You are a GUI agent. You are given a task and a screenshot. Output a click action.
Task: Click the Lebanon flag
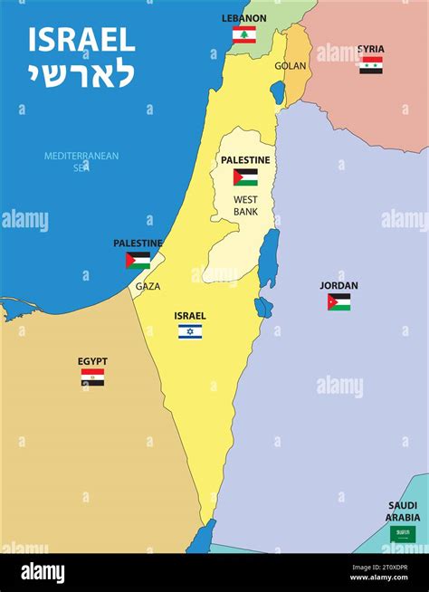(x=244, y=35)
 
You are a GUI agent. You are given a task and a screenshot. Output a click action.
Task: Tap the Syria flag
(x=371, y=65)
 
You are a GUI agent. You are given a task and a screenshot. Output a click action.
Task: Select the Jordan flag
(x=339, y=301)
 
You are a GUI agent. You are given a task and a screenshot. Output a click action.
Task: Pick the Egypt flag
(x=92, y=377)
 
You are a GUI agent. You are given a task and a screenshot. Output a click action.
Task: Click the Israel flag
(x=190, y=332)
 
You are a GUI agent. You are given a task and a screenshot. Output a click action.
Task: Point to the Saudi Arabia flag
(x=403, y=534)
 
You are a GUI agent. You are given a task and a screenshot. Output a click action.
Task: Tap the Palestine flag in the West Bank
(x=245, y=177)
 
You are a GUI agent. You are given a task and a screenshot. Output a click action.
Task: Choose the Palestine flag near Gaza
(x=138, y=261)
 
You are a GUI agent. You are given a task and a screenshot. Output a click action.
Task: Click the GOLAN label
(x=291, y=66)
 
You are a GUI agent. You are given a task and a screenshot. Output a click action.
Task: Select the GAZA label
(x=148, y=286)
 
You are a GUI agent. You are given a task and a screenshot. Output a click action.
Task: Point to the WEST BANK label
(x=246, y=205)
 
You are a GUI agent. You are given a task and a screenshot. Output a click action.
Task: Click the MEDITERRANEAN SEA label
(x=81, y=161)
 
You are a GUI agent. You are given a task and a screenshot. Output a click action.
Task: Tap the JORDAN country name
(x=338, y=285)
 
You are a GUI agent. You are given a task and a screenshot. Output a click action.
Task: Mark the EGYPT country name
(x=92, y=361)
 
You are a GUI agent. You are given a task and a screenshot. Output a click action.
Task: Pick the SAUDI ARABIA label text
(x=403, y=511)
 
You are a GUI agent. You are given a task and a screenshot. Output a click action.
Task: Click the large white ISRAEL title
(x=81, y=39)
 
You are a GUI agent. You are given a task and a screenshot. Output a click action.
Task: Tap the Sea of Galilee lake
(x=278, y=92)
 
